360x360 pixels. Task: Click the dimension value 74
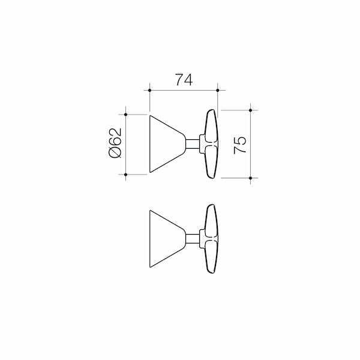(x=184, y=80)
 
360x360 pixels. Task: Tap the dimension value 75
(x=239, y=145)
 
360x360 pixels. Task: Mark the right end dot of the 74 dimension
(x=218, y=91)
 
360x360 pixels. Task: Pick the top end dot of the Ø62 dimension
(x=125, y=114)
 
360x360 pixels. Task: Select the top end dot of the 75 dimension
(x=250, y=110)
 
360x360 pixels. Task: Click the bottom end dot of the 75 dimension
(x=250, y=178)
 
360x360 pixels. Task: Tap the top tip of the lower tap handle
(x=211, y=206)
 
